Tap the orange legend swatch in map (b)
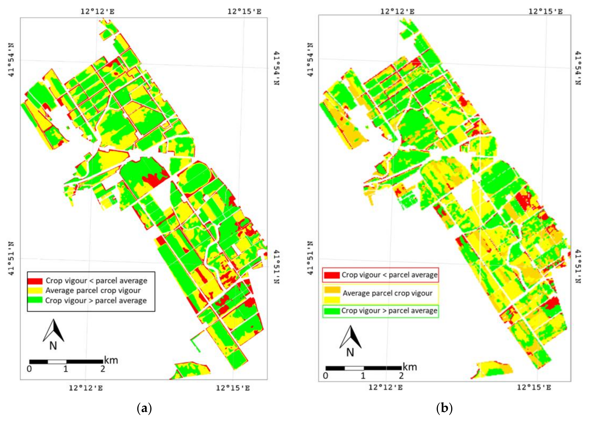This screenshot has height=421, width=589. pyautogui.click(x=332, y=290)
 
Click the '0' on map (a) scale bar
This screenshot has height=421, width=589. pyautogui.click(x=29, y=369)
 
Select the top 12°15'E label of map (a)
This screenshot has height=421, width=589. pyautogui.click(x=244, y=11)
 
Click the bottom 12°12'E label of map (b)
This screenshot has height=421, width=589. pyautogui.click(x=385, y=388)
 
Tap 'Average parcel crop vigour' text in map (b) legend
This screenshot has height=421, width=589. pyautogui.click(x=387, y=293)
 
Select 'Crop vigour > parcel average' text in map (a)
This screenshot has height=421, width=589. pyautogui.click(x=96, y=301)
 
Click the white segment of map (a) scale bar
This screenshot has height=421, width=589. pyautogui.click(x=57, y=362)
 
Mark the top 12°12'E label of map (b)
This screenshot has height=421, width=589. pyautogui.click(x=397, y=11)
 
